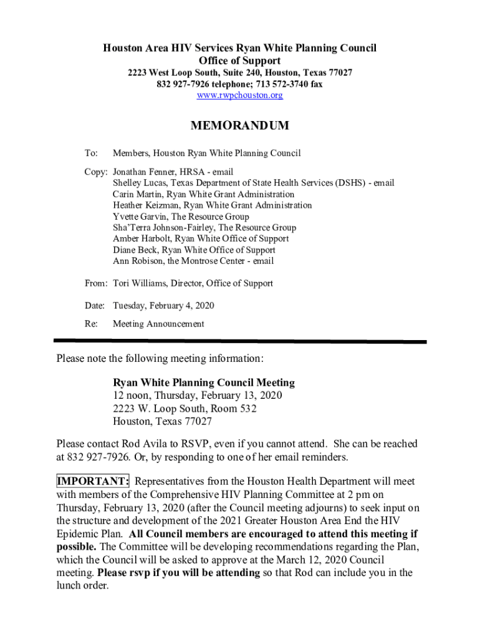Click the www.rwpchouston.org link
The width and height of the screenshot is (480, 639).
(x=239, y=95)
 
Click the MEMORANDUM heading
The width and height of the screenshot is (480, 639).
(x=239, y=125)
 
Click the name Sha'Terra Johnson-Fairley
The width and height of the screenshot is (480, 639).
(x=163, y=228)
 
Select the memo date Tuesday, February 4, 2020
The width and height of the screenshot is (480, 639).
(x=163, y=306)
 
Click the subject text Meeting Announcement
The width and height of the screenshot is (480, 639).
(x=158, y=324)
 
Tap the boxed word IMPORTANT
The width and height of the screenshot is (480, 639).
(x=92, y=482)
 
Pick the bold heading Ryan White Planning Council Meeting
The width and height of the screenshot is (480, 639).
(x=204, y=383)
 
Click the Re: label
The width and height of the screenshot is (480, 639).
(x=91, y=324)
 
